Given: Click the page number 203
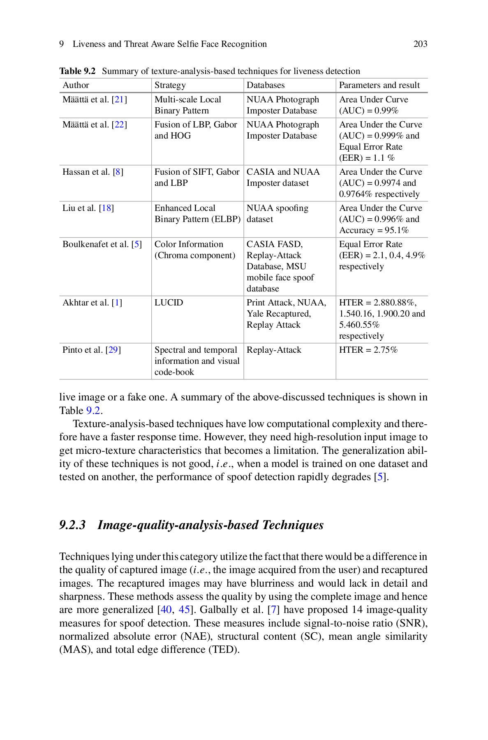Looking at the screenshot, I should point(420,44).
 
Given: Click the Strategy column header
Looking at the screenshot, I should point(170,85).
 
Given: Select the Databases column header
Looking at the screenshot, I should point(265,85).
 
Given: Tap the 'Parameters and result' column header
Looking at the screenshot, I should point(379,85).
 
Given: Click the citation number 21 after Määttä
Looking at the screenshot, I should point(119,99).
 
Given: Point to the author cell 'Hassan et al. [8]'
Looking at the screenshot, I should point(93,172).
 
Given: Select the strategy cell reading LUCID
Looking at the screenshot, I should point(169,303).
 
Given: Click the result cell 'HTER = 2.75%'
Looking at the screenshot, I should point(368,350).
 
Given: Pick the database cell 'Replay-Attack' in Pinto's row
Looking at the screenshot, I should point(274,350).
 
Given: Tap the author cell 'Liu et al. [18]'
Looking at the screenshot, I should point(88,208).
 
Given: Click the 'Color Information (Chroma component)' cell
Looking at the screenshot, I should point(194,250).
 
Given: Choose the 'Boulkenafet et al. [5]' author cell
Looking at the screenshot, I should point(102,244).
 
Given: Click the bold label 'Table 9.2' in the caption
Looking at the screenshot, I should point(77,71).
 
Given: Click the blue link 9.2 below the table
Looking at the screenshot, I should point(93,411).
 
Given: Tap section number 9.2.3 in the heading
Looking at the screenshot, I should point(72,525).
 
